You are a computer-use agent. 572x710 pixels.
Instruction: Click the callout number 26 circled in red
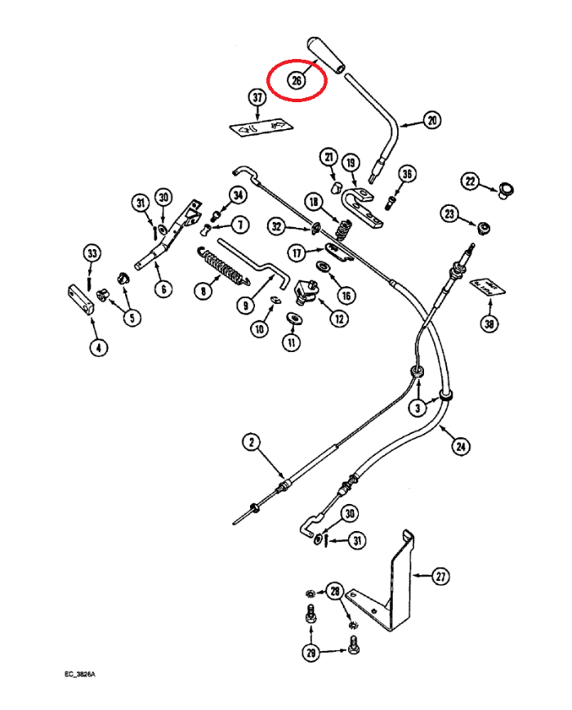click(296, 80)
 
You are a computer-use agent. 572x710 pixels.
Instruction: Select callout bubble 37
click(258, 99)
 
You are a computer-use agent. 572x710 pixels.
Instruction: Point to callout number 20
click(431, 121)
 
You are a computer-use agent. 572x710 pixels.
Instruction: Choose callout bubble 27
click(440, 576)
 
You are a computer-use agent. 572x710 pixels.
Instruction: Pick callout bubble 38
click(489, 324)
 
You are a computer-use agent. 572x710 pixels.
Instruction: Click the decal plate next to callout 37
click(260, 127)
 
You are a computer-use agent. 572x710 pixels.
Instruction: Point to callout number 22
click(470, 180)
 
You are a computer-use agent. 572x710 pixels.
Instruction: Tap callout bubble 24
click(461, 446)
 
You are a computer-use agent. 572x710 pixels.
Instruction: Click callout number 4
click(98, 348)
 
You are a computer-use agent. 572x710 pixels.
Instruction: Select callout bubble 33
click(92, 252)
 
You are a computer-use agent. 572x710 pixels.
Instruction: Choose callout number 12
click(337, 319)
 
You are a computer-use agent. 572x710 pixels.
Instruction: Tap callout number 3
click(418, 407)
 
